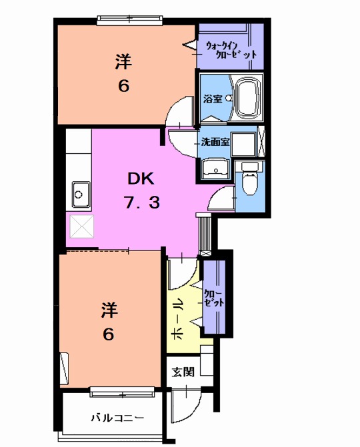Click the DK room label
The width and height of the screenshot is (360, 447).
pyautogui.click(x=141, y=179)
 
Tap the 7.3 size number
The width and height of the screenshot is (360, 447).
pyautogui.click(x=141, y=203)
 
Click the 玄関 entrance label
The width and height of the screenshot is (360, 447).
pyautogui.click(x=183, y=372)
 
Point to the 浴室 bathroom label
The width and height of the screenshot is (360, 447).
pyautogui.click(x=213, y=99)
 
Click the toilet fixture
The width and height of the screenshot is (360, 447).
pyautogui.click(x=250, y=180)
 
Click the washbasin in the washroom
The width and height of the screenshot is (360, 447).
pyautogui.click(x=215, y=168)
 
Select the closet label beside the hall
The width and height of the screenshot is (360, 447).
pyautogui.click(x=215, y=299)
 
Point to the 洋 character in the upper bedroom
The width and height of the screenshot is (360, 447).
pyautogui.click(x=123, y=62)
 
